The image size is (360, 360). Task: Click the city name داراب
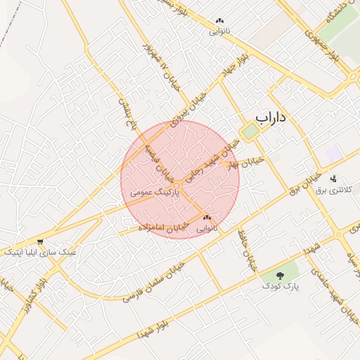coord(271,117)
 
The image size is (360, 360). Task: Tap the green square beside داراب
coord(250,131)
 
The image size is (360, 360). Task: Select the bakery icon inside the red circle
coord(207,218)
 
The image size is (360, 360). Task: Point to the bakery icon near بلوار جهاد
coord(220,21)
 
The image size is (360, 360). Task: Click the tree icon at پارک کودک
coord(281,275)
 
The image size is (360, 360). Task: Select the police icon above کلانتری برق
coord(333,179)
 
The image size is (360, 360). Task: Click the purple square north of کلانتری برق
coord(334,154)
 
